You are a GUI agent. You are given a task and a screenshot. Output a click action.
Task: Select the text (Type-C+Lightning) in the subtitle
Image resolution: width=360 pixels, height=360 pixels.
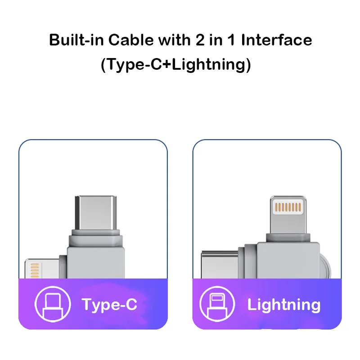tap(175, 64)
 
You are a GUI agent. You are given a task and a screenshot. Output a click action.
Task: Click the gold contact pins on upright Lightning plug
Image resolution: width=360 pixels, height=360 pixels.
tap(288, 207)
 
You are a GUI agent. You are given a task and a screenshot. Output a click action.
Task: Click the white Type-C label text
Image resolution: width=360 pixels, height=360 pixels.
tap(109, 305)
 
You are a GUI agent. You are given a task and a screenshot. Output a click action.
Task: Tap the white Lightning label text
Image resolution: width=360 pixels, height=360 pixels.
tap(283, 305)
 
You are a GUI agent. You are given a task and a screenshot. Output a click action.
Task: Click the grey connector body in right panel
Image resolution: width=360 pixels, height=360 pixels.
tap(283, 261)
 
